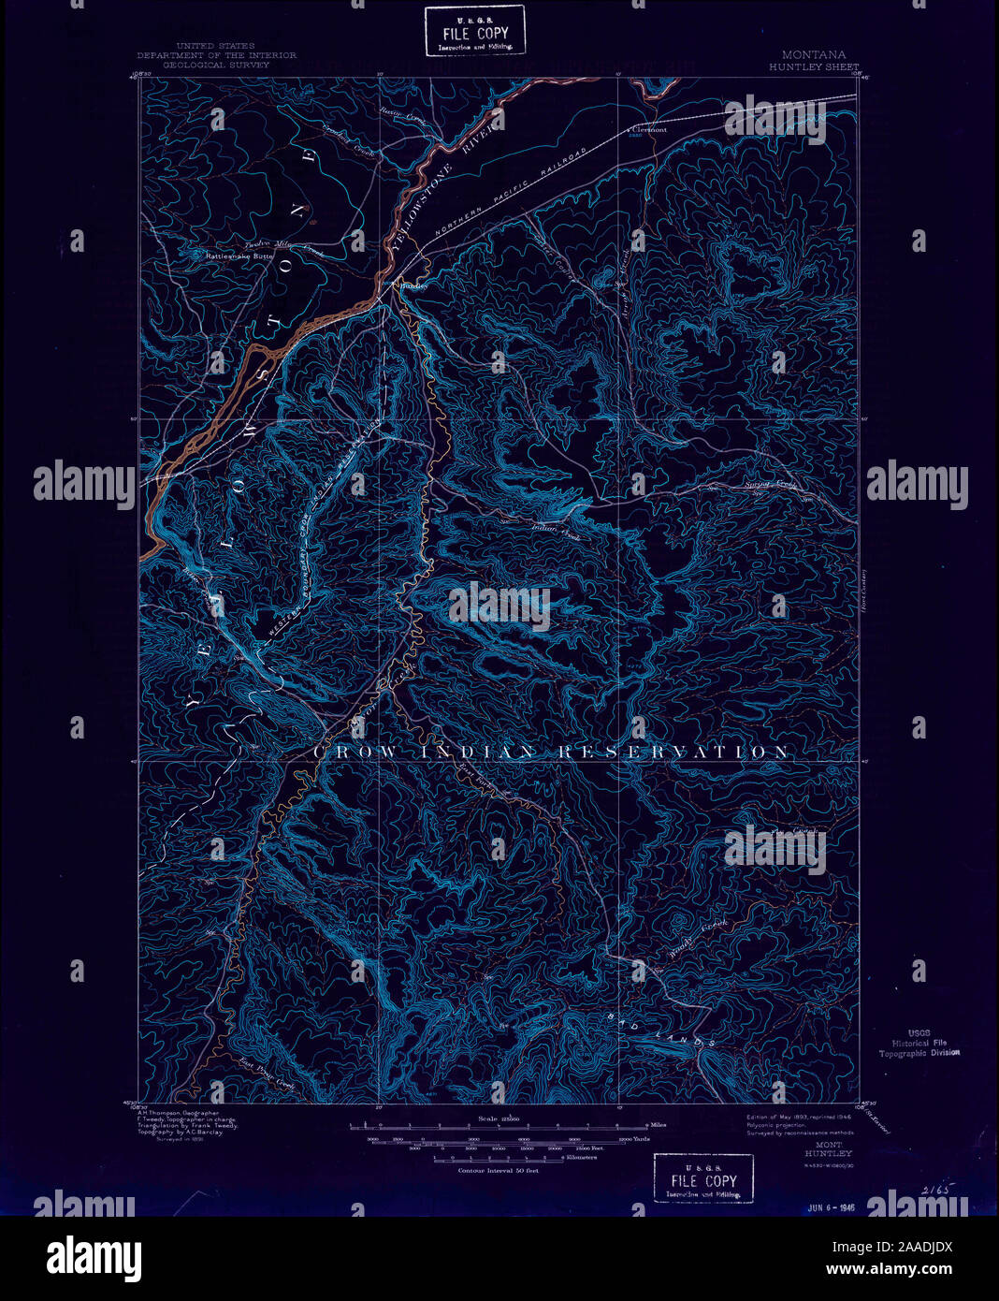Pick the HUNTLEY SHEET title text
coord(813,67)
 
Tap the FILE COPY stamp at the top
coord(474,32)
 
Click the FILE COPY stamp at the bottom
coord(702,1177)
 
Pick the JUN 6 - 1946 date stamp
coord(832,1208)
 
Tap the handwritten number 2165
coord(933,1189)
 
